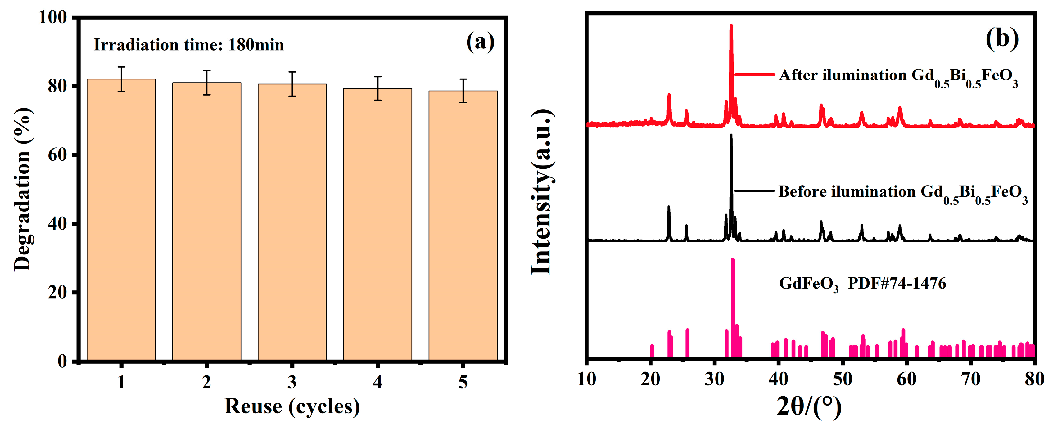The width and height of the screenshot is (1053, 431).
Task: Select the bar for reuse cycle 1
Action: [x=121, y=221]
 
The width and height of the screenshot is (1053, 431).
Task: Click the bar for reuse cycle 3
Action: [x=292, y=223]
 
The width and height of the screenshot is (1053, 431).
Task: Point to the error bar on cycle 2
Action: [x=206, y=83]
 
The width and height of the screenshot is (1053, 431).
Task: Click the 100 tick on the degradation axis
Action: [x=53, y=18]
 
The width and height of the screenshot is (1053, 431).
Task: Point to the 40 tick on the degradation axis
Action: [x=57, y=224]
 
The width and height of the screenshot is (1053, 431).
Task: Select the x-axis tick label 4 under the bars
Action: [x=377, y=382]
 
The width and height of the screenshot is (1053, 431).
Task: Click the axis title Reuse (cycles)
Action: [x=292, y=406]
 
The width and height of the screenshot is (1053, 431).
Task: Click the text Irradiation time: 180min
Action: [x=188, y=45]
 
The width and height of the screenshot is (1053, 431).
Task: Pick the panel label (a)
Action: [x=480, y=42]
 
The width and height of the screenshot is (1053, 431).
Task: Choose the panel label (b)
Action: [x=1002, y=39]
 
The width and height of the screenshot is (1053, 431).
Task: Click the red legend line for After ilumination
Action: [x=754, y=75]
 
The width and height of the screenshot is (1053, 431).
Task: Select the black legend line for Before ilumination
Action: [x=754, y=191]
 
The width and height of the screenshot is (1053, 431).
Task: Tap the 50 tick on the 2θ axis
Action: [x=842, y=379]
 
